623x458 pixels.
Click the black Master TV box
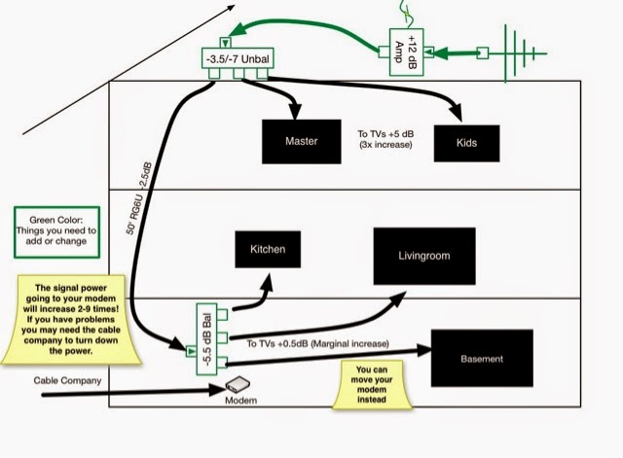[302, 141]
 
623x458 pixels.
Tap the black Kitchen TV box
[268, 250]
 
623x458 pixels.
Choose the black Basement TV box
[483, 359]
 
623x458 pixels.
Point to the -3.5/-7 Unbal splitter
[243, 60]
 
